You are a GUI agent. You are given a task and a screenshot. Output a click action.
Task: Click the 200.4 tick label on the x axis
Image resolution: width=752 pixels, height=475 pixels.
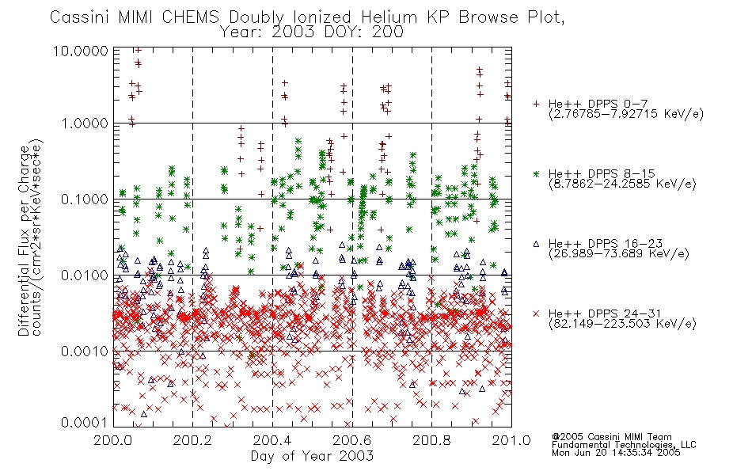(x=273, y=440)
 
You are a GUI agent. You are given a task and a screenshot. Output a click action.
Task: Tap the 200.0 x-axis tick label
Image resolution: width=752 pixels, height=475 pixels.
(x=113, y=440)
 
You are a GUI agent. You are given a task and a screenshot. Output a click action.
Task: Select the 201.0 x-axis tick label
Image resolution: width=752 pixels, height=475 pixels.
(x=511, y=440)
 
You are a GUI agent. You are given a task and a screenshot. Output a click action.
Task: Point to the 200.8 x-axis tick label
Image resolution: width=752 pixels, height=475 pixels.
(x=432, y=440)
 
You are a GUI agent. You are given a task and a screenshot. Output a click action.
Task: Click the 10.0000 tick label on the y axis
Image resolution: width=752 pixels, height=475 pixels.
(x=81, y=51)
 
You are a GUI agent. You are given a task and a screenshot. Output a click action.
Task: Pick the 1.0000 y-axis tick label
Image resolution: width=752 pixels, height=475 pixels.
(x=85, y=123)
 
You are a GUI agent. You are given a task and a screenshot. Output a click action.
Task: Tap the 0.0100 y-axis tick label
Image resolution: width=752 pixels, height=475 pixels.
(x=85, y=275)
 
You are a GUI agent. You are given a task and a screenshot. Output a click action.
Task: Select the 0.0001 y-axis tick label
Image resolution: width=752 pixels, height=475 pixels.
(x=85, y=422)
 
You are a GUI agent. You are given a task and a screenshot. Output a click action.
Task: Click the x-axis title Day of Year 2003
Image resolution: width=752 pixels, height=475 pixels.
(x=312, y=456)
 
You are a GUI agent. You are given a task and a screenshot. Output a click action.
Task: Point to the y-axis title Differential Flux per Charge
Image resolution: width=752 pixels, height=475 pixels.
(x=25, y=241)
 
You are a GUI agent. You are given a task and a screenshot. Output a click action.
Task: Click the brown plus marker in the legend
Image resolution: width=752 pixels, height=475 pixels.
(x=536, y=104)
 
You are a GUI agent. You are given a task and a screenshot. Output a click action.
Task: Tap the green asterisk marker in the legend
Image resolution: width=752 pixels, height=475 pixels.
(x=536, y=173)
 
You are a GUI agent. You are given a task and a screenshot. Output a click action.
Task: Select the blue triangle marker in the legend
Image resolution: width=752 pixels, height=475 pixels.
(x=536, y=244)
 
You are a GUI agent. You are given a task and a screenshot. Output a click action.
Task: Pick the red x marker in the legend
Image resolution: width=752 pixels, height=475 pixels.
(x=536, y=313)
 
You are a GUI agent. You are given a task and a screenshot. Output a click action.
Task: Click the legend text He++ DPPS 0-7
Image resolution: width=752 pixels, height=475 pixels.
(x=598, y=104)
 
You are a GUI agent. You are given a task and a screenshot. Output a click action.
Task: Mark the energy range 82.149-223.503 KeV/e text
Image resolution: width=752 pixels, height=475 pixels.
(x=622, y=324)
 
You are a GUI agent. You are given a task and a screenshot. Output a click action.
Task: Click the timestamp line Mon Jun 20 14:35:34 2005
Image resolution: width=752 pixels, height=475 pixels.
(x=616, y=453)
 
